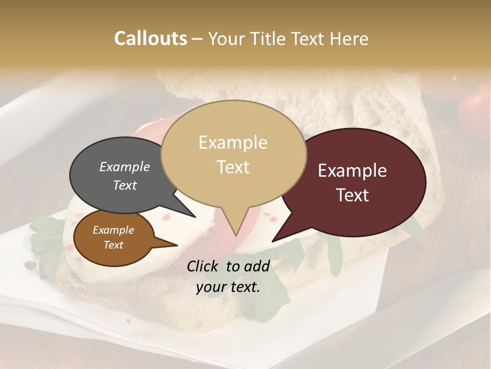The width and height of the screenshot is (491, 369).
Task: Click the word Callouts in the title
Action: click(x=150, y=38)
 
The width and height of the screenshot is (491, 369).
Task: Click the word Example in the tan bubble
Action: click(x=233, y=142)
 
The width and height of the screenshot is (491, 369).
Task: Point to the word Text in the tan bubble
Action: click(x=233, y=167)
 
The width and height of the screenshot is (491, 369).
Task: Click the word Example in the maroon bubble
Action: click(x=352, y=171)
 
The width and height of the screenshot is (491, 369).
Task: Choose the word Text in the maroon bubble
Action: click(x=352, y=195)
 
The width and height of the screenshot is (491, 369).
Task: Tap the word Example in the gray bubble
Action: click(x=124, y=167)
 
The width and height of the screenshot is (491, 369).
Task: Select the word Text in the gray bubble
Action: click(x=124, y=185)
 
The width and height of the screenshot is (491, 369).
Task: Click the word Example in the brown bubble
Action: click(x=113, y=230)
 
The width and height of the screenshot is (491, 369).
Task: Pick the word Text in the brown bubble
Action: click(x=113, y=245)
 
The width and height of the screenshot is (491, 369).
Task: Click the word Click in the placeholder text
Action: click(x=203, y=266)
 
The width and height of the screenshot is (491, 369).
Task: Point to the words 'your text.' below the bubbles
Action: click(x=228, y=288)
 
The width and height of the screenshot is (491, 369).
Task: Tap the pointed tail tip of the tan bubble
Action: click(x=236, y=236)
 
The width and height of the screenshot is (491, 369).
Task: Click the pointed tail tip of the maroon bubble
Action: click(x=272, y=241)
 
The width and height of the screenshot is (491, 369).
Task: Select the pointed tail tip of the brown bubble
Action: click(x=177, y=245)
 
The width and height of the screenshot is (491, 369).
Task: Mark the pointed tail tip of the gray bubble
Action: click(x=195, y=217)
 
